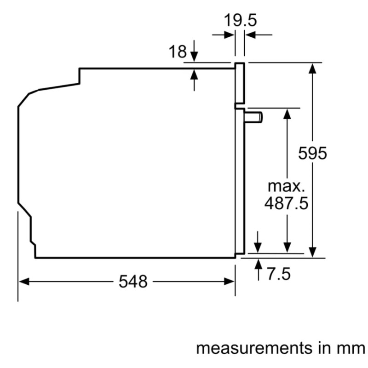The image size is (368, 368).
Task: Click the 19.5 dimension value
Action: pyautogui.click(x=240, y=20)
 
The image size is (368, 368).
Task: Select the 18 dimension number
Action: pyautogui.click(x=177, y=52)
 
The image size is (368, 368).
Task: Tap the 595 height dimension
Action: pyautogui.click(x=312, y=153)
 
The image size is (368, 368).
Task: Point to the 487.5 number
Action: pyautogui.click(x=286, y=203)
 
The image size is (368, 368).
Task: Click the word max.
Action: pyautogui.click(x=286, y=186)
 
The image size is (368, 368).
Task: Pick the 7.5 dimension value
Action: pyautogui.click(x=279, y=274)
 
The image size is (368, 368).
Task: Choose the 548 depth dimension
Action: pyautogui.click(x=133, y=282)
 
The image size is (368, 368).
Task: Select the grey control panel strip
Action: pyautogui.click(x=240, y=83)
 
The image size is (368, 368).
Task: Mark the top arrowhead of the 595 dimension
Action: pyautogui.click(x=313, y=68)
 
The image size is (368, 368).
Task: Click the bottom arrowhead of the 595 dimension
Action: pyautogui.click(x=313, y=252)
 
